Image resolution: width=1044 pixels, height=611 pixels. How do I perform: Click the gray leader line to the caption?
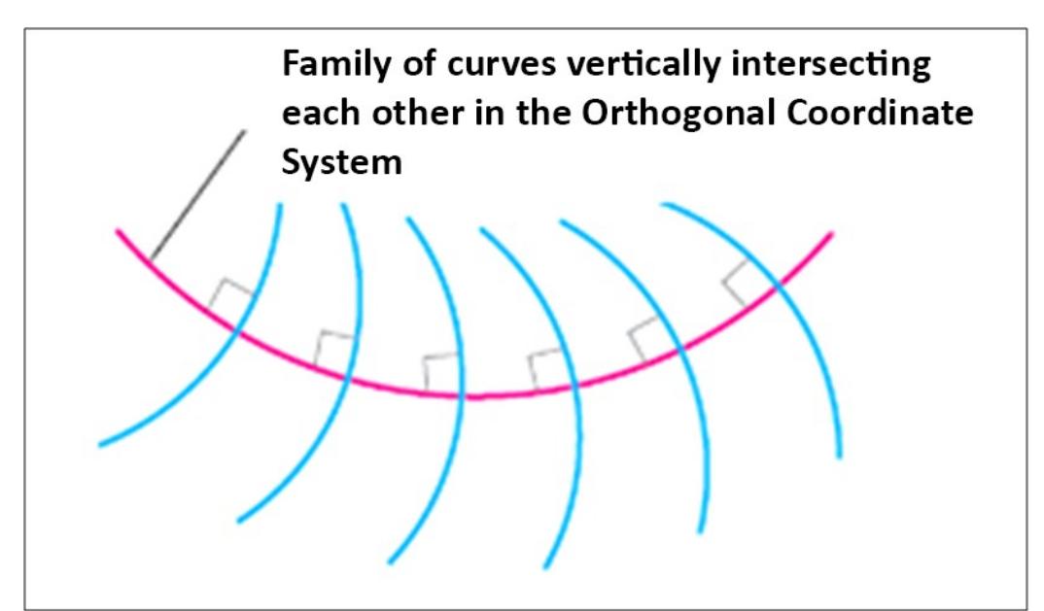tap(198, 194)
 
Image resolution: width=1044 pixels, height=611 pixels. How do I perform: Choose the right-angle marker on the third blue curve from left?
tap(440, 370)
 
